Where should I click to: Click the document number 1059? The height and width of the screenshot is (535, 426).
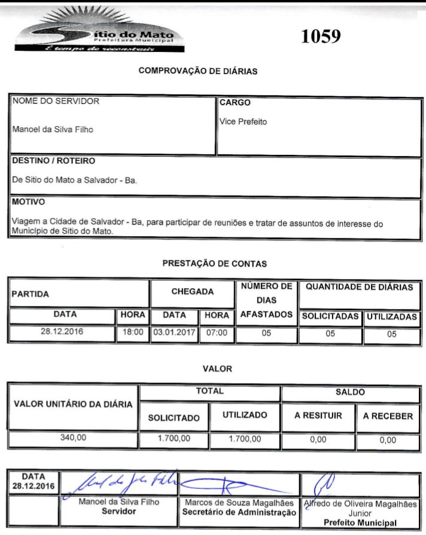coord(321,36)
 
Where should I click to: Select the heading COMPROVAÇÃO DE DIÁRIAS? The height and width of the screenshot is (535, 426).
coord(198,71)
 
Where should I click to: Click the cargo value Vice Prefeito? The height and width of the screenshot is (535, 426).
coord(244,122)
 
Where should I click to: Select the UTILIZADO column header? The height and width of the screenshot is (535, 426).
coord(245,415)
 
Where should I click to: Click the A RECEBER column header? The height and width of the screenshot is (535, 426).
coord(388,416)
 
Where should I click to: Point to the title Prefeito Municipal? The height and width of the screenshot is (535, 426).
coord(360,522)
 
